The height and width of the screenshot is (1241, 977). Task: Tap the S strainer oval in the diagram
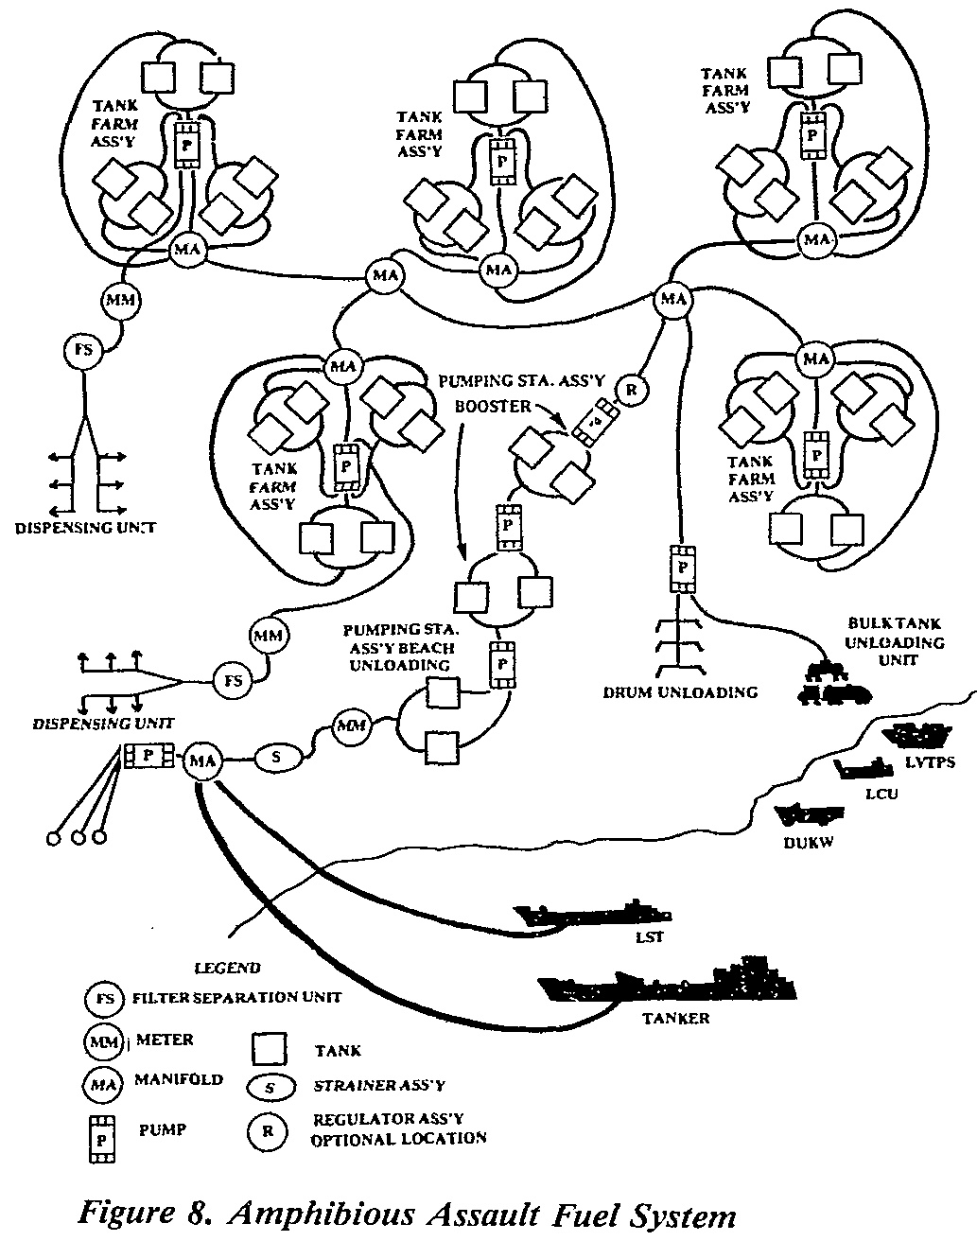pos(276,757)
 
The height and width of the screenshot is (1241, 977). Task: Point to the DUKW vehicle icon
pos(809,813)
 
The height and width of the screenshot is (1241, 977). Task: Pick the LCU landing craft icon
pos(864,768)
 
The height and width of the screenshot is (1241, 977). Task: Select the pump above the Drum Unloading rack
pos(682,568)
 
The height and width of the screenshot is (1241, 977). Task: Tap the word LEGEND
pos(227,969)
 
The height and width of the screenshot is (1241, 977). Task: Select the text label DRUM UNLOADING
pos(681,692)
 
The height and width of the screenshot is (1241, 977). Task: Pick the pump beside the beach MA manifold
pos(148,755)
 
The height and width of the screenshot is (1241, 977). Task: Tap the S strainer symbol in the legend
pos(270,1088)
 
